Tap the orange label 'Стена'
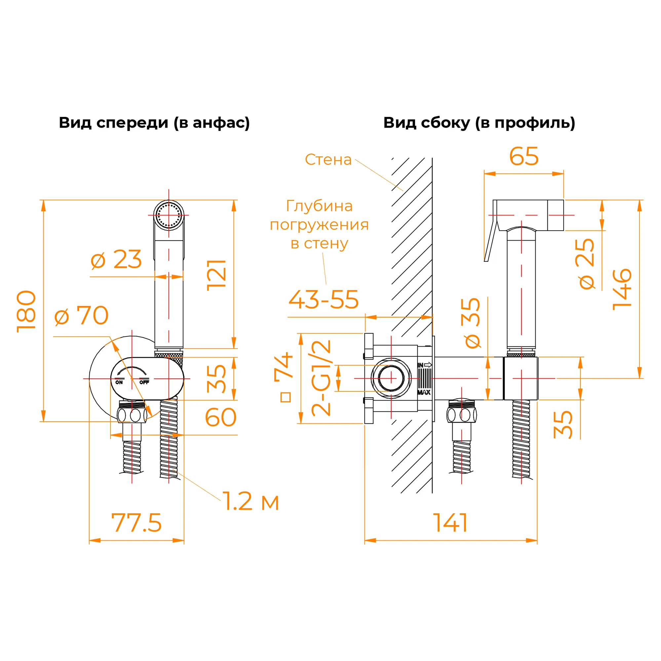click(328, 160)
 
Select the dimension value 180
click(26, 311)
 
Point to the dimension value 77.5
click(136, 523)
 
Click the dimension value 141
click(450, 523)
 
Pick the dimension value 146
click(622, 290)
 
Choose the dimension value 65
click(524, 156)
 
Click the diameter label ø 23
click(116, 259)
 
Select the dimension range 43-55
click(324, 299)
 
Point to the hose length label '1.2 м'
click(251, 501)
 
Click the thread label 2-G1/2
click(321, 378)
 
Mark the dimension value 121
click(216, 275)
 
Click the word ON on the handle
click(119, 382)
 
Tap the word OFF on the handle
click(144, 382)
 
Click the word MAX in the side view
click(424, 392)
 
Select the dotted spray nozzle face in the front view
click(168, 215)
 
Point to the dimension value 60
click(221, 417)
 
